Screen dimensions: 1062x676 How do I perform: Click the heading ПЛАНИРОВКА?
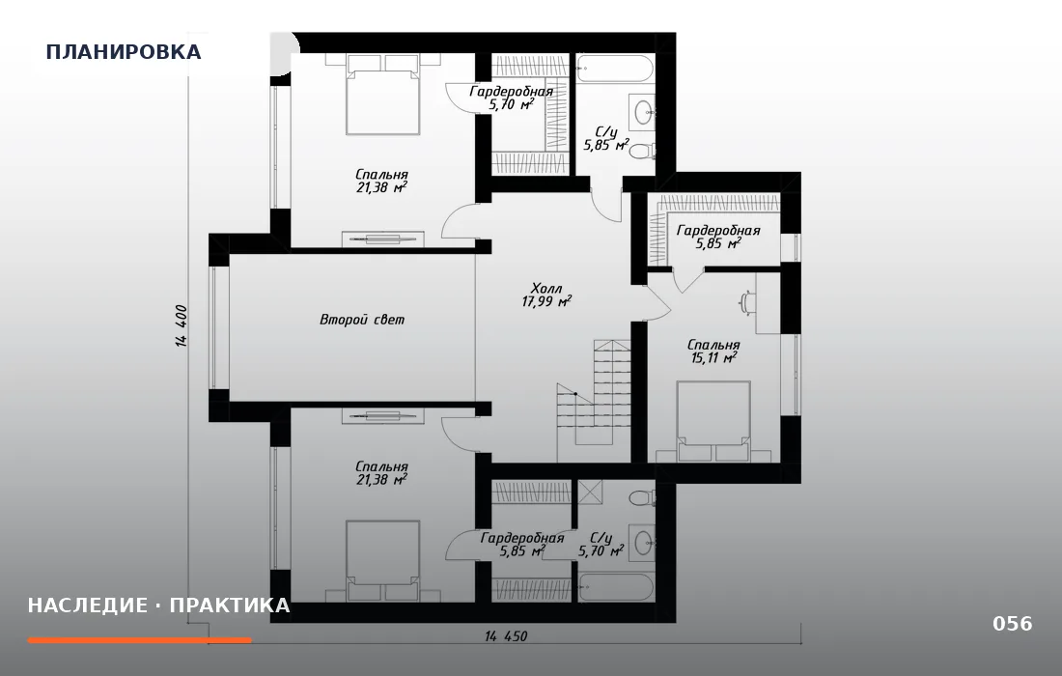pos(124,52)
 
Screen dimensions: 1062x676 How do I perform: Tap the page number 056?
pos(1013,623)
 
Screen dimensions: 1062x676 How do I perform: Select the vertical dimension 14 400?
pos(182,325)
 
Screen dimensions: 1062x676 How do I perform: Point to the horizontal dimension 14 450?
pos(505,636)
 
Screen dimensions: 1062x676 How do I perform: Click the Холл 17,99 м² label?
pos(546,296)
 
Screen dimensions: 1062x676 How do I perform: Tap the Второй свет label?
pos(362,319)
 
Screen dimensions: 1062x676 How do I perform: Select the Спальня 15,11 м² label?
pos(713,352)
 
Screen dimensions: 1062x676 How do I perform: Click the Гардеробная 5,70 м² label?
pos(512,98)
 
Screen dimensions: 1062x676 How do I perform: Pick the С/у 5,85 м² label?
pos(605,138)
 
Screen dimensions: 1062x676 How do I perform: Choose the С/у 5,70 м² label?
pos(601,545)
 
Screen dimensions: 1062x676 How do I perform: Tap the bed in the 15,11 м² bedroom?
pos(713,421)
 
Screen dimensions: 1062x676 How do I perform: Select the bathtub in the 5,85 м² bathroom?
pos(615,70)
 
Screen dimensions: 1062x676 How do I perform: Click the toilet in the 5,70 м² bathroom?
pos(642,498)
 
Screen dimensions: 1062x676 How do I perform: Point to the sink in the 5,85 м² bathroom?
pos(643,110)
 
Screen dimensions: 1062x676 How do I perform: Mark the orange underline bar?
pos(140,640)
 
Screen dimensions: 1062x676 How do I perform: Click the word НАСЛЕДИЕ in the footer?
pos(87,605)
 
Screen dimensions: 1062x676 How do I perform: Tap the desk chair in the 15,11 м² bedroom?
pos(747,303)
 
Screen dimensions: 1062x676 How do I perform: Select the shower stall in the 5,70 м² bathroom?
pos(589,492)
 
